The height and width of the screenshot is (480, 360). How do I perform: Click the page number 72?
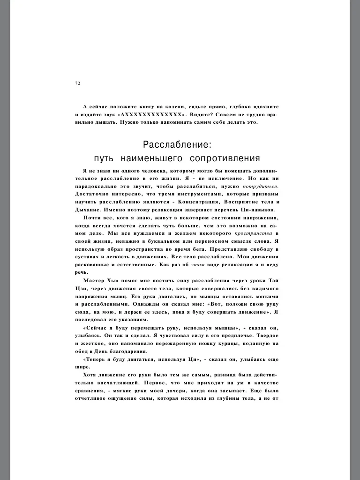[x=78, y=83]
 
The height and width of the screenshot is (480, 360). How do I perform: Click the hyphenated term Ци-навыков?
[x=260, y=210]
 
